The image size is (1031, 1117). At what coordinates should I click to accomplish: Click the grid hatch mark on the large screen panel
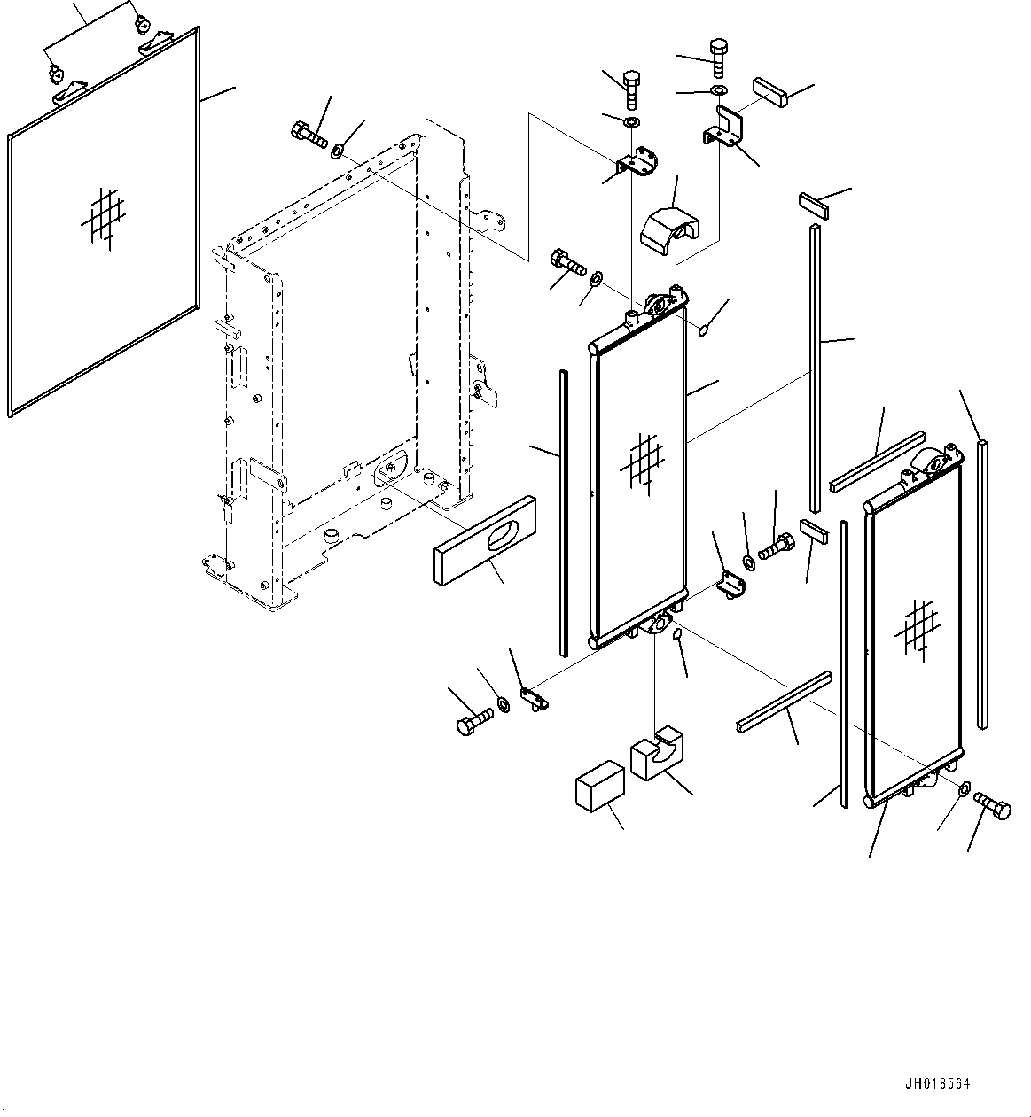[104, 218]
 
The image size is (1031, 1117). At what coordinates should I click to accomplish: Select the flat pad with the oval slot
[485, 540]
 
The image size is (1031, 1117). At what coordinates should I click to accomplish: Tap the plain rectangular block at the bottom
[600, 786]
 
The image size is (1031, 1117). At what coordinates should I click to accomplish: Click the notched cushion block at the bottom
[657, 753]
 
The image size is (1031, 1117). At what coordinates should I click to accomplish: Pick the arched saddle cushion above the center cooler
[669, 230]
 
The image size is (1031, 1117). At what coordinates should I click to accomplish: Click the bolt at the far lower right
[992, 806]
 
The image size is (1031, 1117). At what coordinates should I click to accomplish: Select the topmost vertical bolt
[718, 58]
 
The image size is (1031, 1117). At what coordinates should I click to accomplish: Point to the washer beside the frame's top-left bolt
[337, 151]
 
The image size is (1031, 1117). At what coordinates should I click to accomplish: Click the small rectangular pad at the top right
[769, 92]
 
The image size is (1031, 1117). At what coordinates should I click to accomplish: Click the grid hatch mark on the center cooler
[642, 464]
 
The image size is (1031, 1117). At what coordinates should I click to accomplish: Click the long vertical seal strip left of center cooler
[564, 513]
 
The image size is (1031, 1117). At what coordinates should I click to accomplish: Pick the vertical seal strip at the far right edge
[982, 585]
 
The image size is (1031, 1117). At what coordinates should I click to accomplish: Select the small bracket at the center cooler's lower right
[730, 585]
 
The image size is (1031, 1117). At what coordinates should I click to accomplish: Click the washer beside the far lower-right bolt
[964, 788]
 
